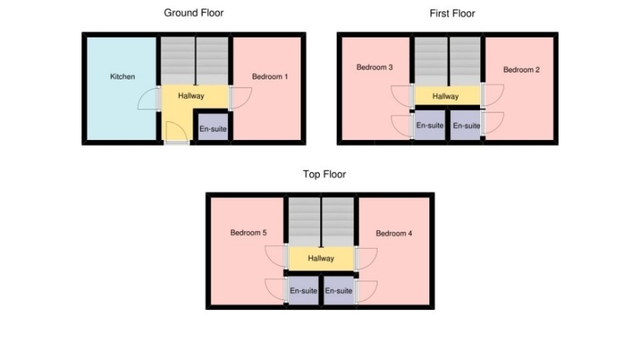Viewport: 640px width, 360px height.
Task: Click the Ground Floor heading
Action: coord(193,12)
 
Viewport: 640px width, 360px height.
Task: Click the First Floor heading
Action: coord(452,13)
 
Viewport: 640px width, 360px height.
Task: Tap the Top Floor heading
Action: coord(324,174)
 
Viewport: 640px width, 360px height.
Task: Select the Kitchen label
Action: coord(122,77)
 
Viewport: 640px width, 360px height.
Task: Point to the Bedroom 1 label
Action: coord(270,77)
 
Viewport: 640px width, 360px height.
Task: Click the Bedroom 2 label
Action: coord(521,70)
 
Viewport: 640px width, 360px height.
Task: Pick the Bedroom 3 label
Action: coord(374,67)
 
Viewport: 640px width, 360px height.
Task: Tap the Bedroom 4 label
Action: coord(394,234)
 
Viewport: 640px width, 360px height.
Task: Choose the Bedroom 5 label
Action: coord(248,233)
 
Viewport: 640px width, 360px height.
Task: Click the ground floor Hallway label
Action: coord(191,96)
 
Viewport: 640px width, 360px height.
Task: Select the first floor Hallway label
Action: coord(446,96)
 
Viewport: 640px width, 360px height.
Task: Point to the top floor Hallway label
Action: coord(321,259)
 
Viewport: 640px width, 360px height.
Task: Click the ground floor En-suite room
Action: coord(212,129)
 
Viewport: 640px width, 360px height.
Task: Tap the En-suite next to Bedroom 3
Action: coord(430,126)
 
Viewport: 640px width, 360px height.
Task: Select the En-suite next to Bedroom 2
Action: coord(466,126)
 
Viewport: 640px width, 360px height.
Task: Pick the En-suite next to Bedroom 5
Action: coord(303,291)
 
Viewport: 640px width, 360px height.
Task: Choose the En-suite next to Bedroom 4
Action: coord(339,291)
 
